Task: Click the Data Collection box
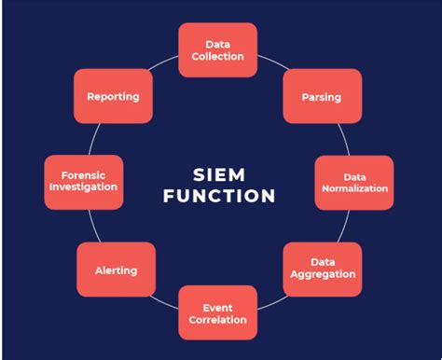coord(218,50)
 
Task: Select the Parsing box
coord(323,96)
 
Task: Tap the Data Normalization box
coord(354,183)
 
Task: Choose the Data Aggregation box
coord(323,270)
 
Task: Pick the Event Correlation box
coord(218,312)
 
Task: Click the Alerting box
coord(117,270)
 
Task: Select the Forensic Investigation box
coord(84,183)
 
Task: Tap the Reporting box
coord(113,96)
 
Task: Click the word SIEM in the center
coord(219,174)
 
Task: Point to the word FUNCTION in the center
coord(219,196)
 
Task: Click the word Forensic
coord(83,175)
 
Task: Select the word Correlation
coord(217,320)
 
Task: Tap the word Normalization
coord(355,188)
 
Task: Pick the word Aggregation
coord(323,274)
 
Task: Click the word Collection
coord(217,56)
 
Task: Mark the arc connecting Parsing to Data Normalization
coord(345,139)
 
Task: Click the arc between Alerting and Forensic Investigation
coord(94,227)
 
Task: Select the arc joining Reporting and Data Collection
coord(163,62)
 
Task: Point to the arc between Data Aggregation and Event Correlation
coord(273,303)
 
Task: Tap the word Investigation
coord(83,187)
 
